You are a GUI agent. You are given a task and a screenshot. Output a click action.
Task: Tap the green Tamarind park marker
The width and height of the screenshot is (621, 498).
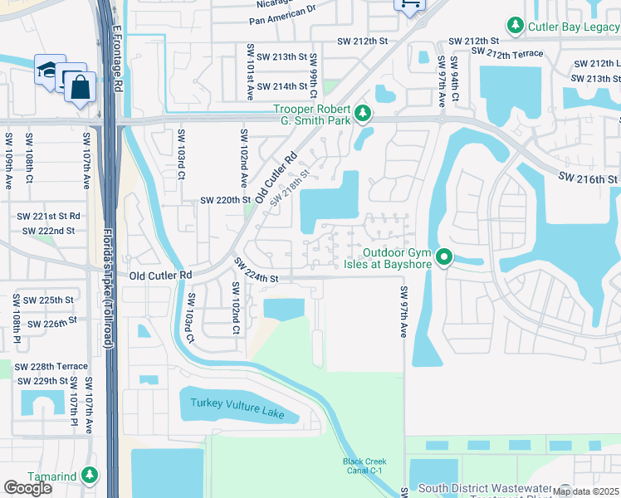tap(88, 476)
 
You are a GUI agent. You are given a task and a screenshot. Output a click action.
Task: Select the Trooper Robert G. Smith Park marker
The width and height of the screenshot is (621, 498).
tap(362, 112)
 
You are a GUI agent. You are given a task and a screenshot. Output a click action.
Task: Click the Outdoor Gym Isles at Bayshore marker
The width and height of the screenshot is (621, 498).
tap(444, 257)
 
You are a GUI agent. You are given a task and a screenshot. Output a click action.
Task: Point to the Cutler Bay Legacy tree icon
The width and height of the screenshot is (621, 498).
tap(516, 27)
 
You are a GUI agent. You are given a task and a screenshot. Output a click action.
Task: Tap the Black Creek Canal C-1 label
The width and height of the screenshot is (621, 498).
tap(365, 466)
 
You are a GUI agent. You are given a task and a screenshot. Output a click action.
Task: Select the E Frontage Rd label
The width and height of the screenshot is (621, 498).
tap(117, 57)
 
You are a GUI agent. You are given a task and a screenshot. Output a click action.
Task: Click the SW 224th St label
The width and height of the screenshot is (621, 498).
tap(255, 271)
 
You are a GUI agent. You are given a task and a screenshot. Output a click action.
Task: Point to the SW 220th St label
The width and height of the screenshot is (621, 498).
tap(225, 200)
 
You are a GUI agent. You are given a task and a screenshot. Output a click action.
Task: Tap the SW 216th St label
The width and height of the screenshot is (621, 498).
tap(588, 178)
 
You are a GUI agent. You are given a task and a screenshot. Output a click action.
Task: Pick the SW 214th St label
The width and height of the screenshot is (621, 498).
tap(281, 86)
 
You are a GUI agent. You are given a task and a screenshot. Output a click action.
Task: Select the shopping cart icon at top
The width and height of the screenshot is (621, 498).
tap(408, 5)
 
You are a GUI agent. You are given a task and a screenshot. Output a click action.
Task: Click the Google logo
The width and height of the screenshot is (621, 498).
tap(27, 487)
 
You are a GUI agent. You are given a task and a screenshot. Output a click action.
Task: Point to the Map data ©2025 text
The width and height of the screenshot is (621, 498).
tap(585, 491)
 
